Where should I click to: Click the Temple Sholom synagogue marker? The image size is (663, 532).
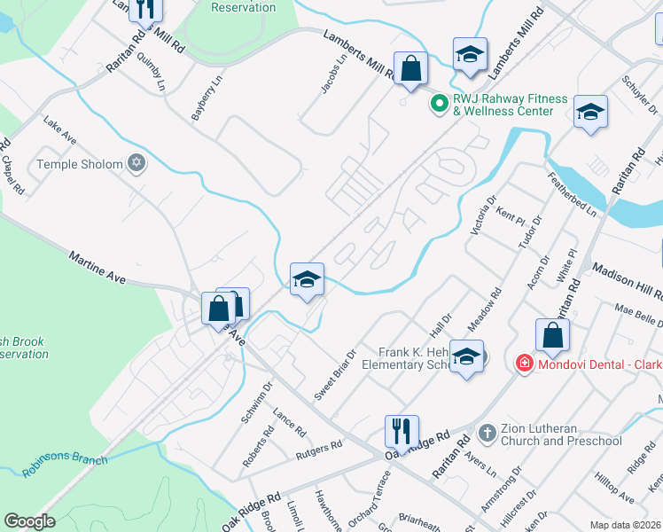click(136, 163)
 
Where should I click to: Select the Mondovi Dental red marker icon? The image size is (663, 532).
click(524, 364)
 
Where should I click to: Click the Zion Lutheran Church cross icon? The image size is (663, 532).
click(486, 433)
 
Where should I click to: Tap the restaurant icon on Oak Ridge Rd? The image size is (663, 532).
click(402, 432)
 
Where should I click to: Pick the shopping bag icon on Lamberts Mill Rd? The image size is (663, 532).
click(410, 68)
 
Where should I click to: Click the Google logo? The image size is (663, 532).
click(30, 521)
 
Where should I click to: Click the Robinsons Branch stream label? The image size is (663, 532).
click(65, 465)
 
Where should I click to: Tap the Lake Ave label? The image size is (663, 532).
click(60, 133)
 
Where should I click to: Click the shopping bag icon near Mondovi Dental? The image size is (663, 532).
click(552, 336)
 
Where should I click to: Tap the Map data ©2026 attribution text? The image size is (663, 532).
click(624, 525)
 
